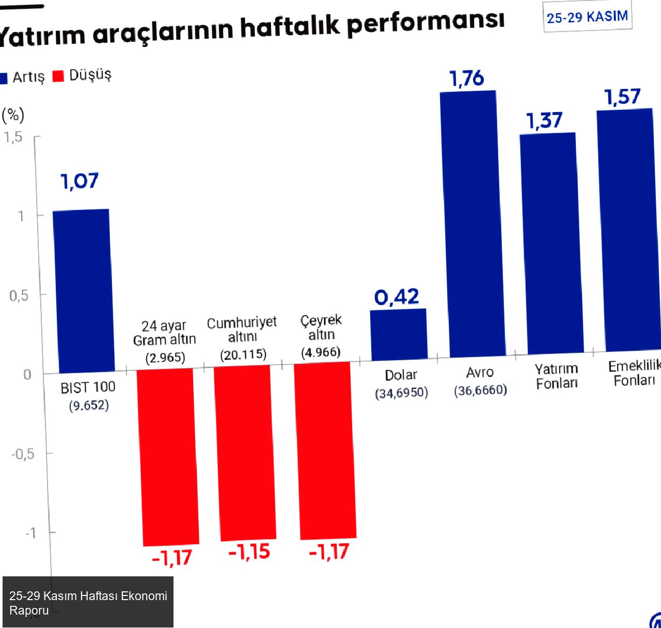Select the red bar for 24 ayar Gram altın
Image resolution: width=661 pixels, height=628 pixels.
[x=167, y=457]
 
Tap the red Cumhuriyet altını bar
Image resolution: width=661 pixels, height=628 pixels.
[x=245, y=453]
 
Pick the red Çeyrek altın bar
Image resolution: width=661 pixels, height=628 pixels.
[x=325, y=450]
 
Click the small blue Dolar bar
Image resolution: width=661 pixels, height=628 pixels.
[x=399, y=334]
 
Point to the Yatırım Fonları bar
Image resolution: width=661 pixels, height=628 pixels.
[x=551, y=243]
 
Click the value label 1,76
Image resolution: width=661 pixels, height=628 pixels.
[x=467, y=78]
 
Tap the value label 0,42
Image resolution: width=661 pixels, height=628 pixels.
[x=397, y=297]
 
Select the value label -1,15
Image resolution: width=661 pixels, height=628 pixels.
[x=249, y=552]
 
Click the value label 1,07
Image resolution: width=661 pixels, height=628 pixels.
[x=80, y=181]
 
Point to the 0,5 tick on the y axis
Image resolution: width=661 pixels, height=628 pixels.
[x=19, y=296]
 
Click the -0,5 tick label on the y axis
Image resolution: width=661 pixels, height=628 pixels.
[x=23, y=454]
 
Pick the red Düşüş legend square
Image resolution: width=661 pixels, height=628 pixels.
[x=58, y=76]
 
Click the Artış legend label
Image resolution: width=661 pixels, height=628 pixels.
[x=28, y=77]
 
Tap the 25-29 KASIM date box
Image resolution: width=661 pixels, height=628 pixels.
[x=587, y=17]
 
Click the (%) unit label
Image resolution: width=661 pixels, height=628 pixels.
[x=13, y=115]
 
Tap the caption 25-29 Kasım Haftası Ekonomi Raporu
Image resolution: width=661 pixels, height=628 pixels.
[x=88, y=603]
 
